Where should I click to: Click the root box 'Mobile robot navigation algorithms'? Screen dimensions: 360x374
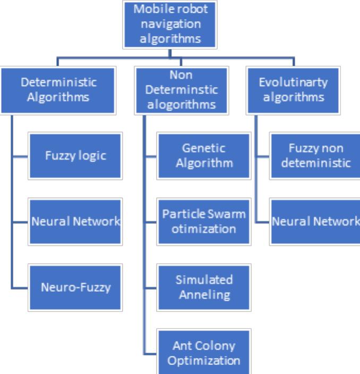(170, 24)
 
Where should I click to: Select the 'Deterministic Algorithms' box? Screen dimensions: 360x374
(58, 90)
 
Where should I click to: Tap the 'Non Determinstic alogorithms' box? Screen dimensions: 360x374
(182, 90)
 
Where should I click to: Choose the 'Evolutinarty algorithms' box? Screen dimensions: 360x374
(293, 90)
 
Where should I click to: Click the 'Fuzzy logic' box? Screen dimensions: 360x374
(75, 156)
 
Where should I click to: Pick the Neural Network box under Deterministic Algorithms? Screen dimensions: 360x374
(75, 222)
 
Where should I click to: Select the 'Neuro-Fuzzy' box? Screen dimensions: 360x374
(75, 288)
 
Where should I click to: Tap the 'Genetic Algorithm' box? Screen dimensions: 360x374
(204, 156)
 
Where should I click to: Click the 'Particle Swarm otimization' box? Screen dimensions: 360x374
(204, 222)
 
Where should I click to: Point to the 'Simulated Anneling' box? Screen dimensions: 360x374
(204, 288)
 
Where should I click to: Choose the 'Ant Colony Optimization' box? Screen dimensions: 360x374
(204, 352)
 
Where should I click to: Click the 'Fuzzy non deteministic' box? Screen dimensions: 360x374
(315, 156)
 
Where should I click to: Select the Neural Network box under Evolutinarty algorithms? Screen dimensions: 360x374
(315, 222)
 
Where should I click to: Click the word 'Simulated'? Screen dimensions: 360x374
(204, 280)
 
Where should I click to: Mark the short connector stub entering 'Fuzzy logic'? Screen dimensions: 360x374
(20, 156)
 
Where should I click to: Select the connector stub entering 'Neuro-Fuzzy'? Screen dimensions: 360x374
(20, 288)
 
